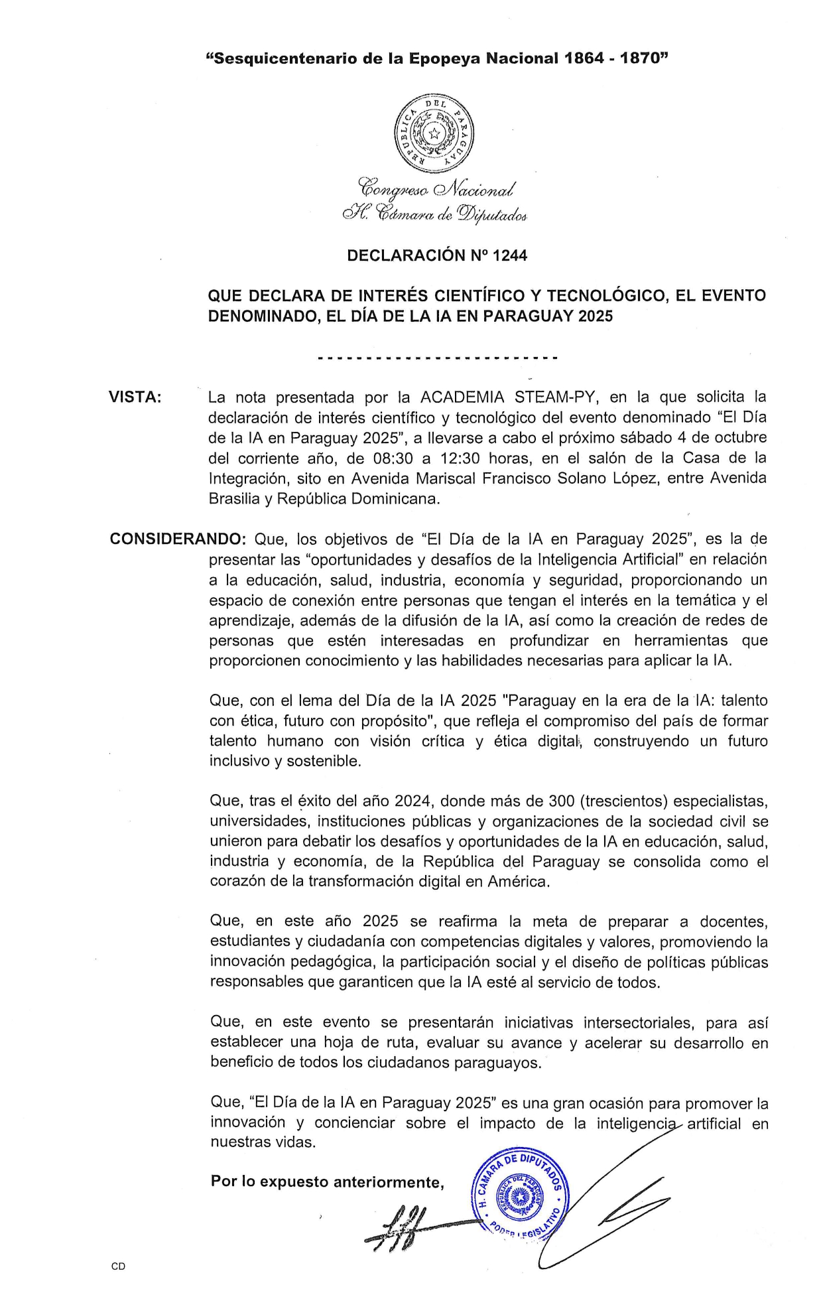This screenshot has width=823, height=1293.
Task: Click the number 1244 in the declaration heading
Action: (x=509, y=256)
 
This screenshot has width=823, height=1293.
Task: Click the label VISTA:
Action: (x=135, y=397)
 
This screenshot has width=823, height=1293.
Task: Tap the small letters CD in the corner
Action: (x=118, y=1266)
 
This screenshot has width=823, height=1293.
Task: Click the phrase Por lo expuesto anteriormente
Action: (x=327, y=1182)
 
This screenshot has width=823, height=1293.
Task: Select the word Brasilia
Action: (x=234, y=499)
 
